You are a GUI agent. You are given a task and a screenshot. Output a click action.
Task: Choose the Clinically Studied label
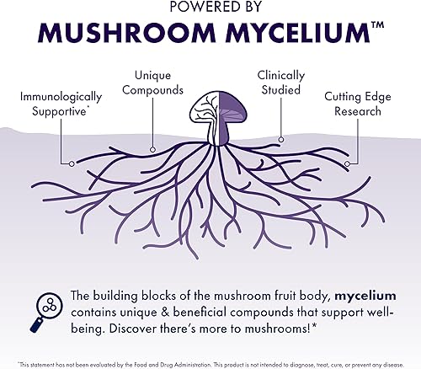[281, 82]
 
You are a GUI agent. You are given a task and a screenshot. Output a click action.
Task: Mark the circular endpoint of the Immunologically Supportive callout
[73, 163]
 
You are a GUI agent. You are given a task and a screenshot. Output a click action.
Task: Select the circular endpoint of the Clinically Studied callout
[280, 139]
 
